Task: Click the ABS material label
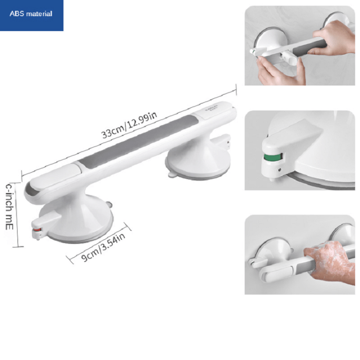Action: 31,14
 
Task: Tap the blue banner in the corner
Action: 31,15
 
